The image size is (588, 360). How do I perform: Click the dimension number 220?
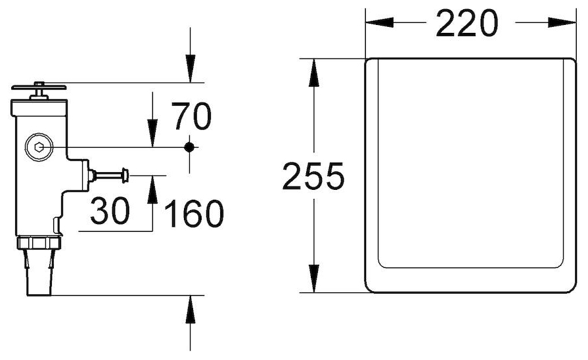pos(467,23)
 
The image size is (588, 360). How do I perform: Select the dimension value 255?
pos(313,175)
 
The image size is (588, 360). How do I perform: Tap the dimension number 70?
pos(192,116)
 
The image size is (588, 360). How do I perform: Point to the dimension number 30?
pos(110,211)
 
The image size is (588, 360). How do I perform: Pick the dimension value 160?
pos(194,214)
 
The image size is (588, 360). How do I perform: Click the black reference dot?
pos(189,147)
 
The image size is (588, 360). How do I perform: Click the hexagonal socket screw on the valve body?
pos(39,147)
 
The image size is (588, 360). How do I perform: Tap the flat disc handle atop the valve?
pos(39,87)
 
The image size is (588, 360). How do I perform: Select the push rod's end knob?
pos(125,176)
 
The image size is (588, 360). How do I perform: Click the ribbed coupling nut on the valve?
pos(39,242)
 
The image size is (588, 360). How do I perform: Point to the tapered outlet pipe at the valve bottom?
pos(39,272)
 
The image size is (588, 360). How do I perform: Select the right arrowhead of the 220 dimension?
pos(562,22)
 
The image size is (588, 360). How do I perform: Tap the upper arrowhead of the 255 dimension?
pos(313,73)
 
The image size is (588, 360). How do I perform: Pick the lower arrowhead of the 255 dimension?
pos(313,279)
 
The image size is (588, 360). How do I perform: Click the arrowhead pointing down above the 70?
pos(152,133)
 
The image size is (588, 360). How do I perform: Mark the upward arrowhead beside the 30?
pos(152,189)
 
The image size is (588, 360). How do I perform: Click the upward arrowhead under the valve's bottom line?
pos(191,309)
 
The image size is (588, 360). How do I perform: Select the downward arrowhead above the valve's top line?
pos(191,68)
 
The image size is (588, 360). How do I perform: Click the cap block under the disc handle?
pos(39,108)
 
